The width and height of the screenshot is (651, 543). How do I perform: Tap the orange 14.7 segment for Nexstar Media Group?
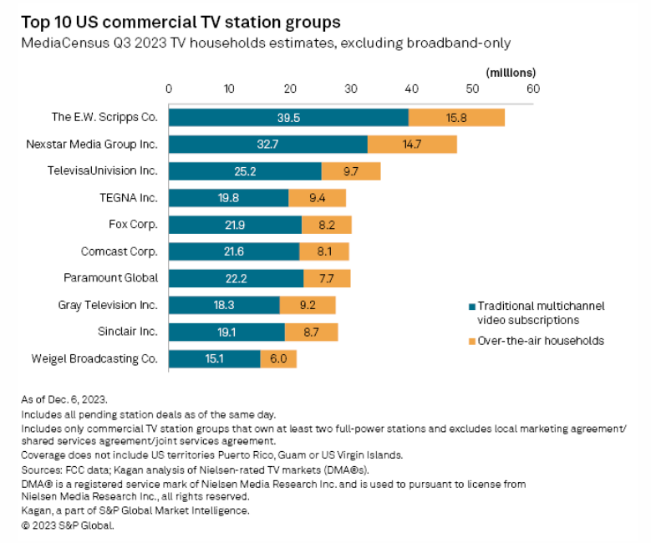pos(412,145)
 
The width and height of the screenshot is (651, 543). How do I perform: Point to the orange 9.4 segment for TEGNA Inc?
pos(317,198)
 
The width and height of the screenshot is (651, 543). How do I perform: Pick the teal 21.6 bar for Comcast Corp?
pos(234,251)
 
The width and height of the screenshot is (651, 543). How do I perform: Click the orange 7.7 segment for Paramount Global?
pos(327,278)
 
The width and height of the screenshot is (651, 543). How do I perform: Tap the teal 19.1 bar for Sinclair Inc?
pos(226,332)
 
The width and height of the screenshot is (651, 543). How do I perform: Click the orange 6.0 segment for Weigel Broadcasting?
pos(278,359)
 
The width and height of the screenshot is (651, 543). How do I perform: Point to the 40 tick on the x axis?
pos(411,88)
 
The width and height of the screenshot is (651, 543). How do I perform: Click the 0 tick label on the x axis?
pos(169,88)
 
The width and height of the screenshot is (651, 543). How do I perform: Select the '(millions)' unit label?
pos(511,73)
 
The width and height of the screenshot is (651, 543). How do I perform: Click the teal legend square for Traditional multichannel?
pos(471,307)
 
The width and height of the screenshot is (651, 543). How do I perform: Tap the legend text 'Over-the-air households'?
pos(541,341)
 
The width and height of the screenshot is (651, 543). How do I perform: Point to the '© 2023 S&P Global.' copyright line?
pos(66,525)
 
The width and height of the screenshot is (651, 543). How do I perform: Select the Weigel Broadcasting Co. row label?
pos(94,359)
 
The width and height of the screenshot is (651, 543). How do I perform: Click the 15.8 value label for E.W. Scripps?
pos(456,118)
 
